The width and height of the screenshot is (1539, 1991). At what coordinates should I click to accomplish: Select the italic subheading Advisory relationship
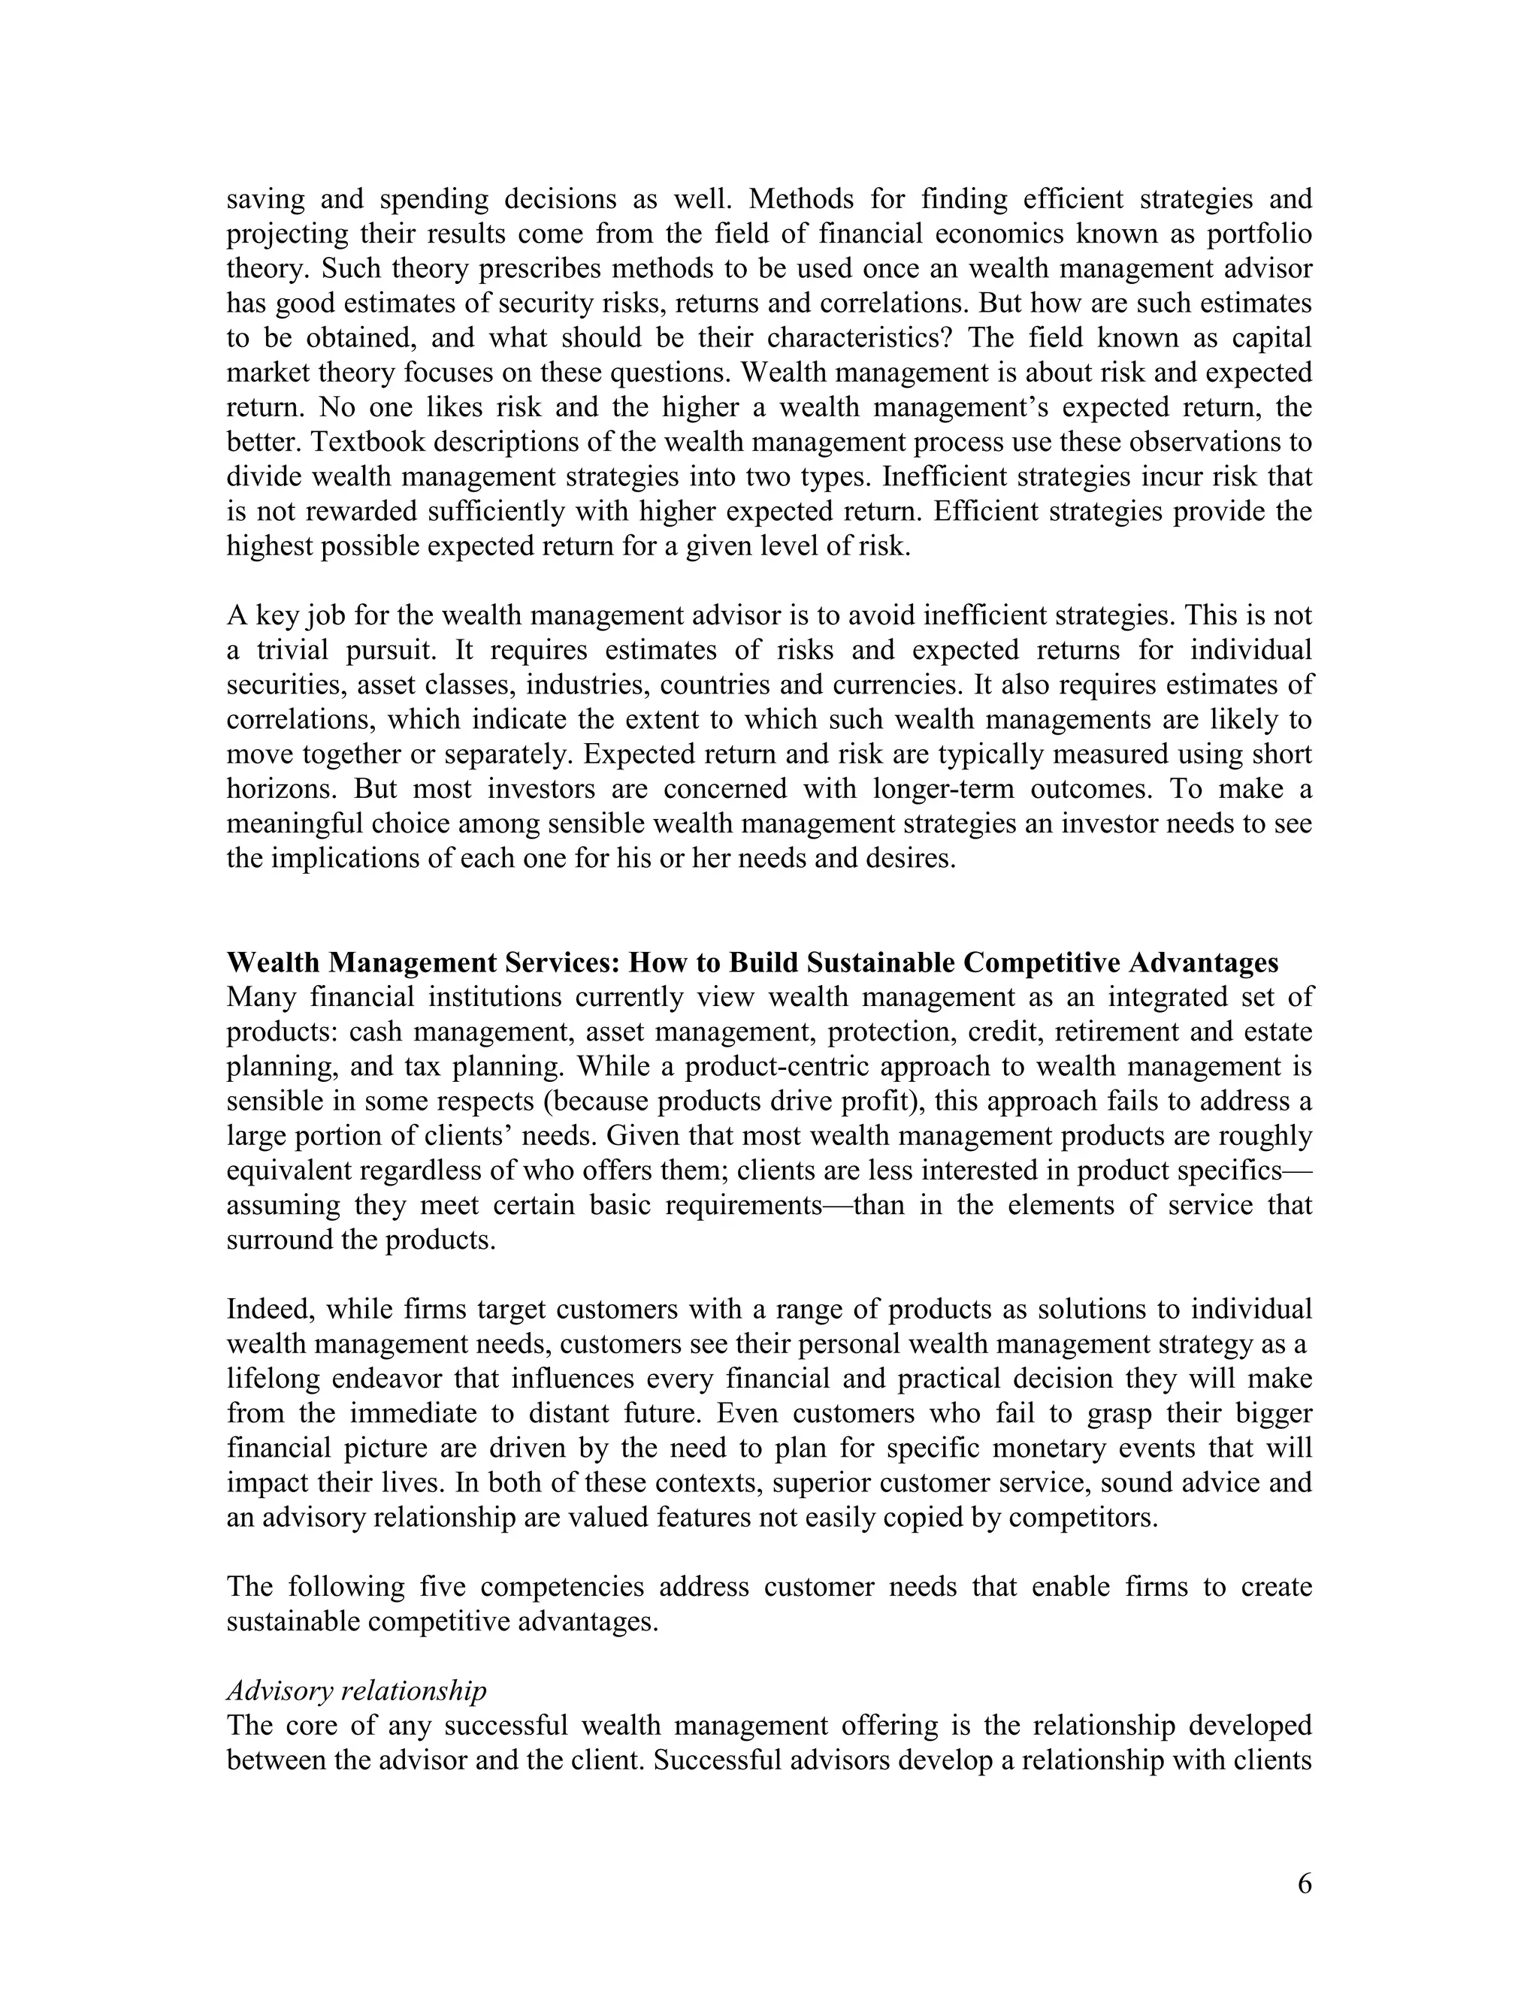point(356,1691)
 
